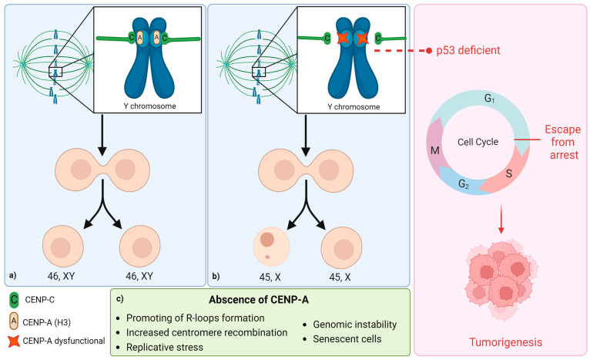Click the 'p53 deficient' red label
tap(468, 50)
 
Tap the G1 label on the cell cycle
tap(489, 99)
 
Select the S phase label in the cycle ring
tap(508, 173)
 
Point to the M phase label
tap(435, 150)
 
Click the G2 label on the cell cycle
tap(464, 183)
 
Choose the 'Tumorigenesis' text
tap(505, 342)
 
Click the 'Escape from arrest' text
tap(563, 143)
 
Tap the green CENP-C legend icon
tap(14, 300)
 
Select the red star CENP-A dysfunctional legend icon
tap(14, 341)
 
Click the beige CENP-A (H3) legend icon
tap(14, 321)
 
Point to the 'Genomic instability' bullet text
tap(355, 325)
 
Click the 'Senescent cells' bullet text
tap(347, 339)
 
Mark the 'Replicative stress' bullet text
tap(164, 347)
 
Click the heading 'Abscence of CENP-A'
tap(259, 300)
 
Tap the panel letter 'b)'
tap(216, 277)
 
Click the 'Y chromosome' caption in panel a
tap(149, 106)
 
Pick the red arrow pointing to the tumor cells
tap(501, 219)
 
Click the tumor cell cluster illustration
tap(501, 278)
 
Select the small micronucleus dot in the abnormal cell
tap(267, 257)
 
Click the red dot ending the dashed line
tap(428, 50)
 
